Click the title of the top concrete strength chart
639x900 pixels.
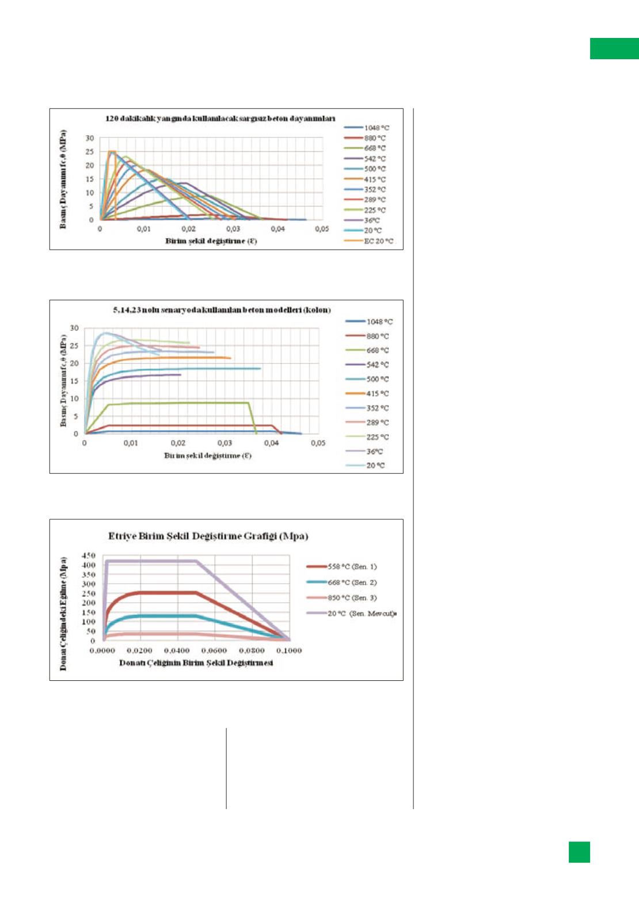pyautogui.click(x=220, y=118)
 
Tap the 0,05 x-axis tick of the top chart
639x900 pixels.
pyautogui.click(x=322, y=229)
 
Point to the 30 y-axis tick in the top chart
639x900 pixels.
pyautogui.click(x=90, y=138)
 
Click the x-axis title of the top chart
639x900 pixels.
pyautogui.click(x=211, y=241)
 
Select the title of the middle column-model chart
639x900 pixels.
pyautogui.click(x=222, y=310)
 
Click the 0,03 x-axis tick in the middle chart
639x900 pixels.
pyautogui.click(x=225, y=443)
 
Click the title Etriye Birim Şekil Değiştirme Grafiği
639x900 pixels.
pyautogui.click(x=208, y=536)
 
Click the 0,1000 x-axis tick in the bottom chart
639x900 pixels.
pyautogui.click(x=289, y=650)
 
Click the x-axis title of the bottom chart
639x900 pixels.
pyautogui.click(x=196, y=663)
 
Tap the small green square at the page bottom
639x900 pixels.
pyautogui.click(x=579, y=852)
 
